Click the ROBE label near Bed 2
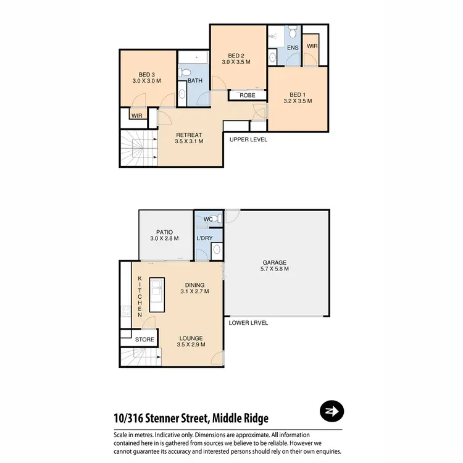(x=248, y=96)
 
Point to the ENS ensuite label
(x=293, y=48)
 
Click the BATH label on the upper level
(x=195, y=81)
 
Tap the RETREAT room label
(x=190, y=135)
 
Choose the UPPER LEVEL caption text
(x=248, y=140)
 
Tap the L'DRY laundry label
(x=204, y=238)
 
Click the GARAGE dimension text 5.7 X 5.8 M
(x=275, y=269)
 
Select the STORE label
(x=144, y=339)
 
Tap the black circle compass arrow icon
(x=332, y=411)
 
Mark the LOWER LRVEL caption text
(x=248, y=322)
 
